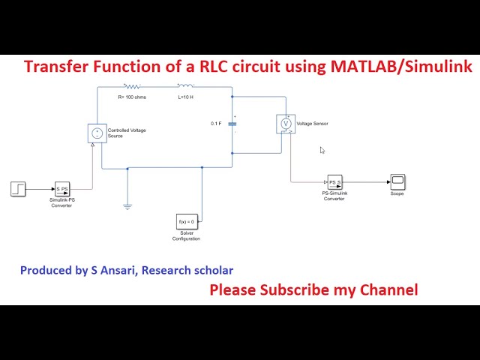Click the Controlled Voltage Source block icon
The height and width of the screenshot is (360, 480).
tap(96, 133)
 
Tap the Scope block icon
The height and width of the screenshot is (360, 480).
tap(397, 181)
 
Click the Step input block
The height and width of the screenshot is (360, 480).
tap(19, 188)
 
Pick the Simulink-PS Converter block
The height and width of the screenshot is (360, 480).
tap(61, 189)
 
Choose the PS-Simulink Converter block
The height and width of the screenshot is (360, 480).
tap(334, 182)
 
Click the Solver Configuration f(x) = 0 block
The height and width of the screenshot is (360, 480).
tap(185, 222)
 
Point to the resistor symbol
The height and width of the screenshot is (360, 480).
tap(132, 87)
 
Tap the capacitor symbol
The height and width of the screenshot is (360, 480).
tap(234, 124)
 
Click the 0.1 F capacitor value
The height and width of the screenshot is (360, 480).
tap(216, 124)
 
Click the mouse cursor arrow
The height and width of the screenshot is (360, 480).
tap(322, 150)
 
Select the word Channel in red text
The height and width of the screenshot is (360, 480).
tap(388, 289)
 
